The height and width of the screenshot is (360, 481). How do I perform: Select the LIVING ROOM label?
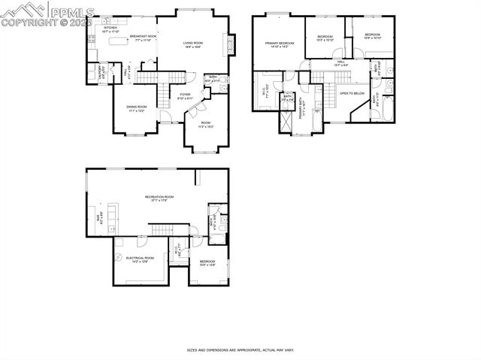(193, 44)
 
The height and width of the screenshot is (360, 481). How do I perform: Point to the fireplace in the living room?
(231, 46)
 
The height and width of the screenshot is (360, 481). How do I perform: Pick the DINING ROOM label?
(136, 108)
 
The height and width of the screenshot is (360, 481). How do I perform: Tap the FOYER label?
(185, 96)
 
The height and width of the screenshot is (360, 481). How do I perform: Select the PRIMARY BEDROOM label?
(277, 45)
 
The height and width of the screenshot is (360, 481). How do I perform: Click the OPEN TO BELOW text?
(352, 93)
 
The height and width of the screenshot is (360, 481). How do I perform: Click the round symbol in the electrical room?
(119, 256)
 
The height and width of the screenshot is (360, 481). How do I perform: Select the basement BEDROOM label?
(207, 262)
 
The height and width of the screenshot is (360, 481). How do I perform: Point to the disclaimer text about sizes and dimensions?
(240, 349)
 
